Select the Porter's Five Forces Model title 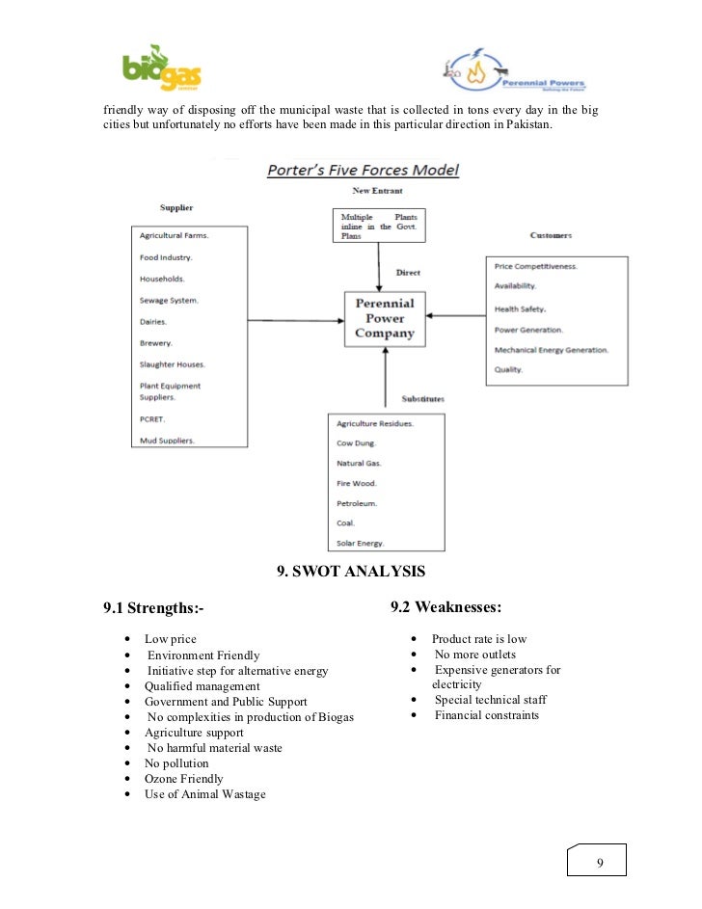click(x=363, y=171)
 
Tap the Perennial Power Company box click(x=386, y=318)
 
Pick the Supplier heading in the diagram click(x=175, y=207)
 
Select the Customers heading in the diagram click(x=551, y=235)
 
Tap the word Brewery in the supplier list click(x=156, y=342)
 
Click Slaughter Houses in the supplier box click(x=173, y=364)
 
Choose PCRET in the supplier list click(x=154, y=419)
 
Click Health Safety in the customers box click(x=521, y=308)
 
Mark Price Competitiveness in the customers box click(x=536, y=265)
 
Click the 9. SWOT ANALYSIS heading click(x=350, y=572)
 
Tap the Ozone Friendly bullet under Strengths click(x=183, y=778)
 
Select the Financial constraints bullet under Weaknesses click(x=486, y=715)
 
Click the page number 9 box click(x=599, y=861)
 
